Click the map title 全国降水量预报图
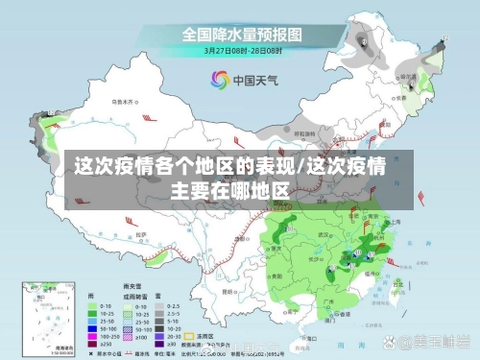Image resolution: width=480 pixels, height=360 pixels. pyautogui.click(x=242, y=34)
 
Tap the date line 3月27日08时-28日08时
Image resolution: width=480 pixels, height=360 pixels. pyautogui.click(x=242, y=49)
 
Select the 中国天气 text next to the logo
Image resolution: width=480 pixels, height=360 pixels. pyautogui.click(x=254, y=81)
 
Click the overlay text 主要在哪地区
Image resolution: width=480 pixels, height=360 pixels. pyautogui.click(x=229, y=190)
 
